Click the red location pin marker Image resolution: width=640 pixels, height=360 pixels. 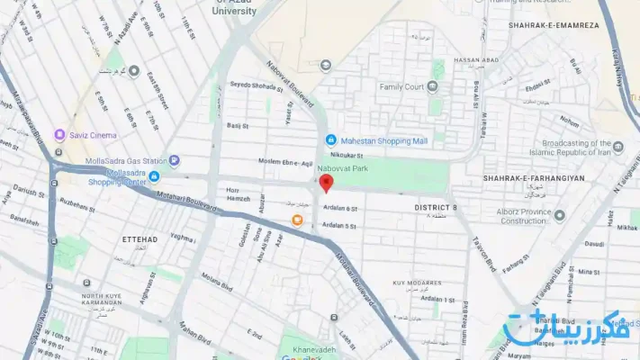[x=327, y=183]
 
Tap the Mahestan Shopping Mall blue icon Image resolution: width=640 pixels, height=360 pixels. [x=331, y=140]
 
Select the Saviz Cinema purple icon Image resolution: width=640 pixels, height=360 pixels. [x=60, y=135]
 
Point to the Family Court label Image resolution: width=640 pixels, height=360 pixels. [x=401, y=87]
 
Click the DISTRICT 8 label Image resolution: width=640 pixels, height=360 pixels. [x=436, y=208]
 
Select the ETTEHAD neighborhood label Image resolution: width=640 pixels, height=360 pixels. [x=140, y=239]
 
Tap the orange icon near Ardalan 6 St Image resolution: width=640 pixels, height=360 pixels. [x=296, y=219]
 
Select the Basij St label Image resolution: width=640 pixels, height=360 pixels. [x=237, y=126]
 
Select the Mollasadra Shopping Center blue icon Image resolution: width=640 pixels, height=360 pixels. [x=154, y=175]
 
